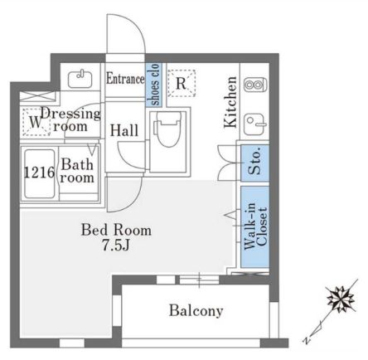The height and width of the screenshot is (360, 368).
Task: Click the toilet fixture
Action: point(168,129)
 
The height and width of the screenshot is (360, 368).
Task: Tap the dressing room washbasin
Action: point(80,79)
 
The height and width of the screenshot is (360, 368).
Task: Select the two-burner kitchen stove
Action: point(255,85)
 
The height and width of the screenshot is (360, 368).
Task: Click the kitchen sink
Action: point(255,125)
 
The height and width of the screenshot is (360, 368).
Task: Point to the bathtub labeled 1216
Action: point(39,173)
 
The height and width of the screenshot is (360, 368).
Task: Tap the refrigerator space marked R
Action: point(182,83)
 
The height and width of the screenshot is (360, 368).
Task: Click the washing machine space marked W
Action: point(36,122)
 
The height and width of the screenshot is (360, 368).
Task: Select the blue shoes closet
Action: point(153,85)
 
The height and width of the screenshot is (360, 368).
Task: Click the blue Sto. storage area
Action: point(254,163)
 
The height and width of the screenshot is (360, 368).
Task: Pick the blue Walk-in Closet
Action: point(254,226)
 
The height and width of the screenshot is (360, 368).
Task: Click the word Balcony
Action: point(196,311)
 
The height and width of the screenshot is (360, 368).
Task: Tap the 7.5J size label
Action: point(116,245)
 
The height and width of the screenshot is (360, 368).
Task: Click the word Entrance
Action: point(125,78)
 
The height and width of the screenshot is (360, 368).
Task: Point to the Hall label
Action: point(124,130)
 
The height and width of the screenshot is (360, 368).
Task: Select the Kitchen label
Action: point(230,102)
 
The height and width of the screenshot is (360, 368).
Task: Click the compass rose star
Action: point(340,299)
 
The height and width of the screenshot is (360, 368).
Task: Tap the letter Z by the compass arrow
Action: point(306,340)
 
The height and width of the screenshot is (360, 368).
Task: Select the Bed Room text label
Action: point(116,230)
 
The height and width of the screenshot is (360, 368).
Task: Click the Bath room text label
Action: point(77,171)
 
